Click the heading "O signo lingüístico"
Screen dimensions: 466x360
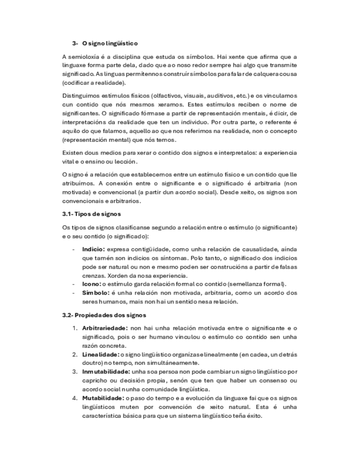(x=110, y=43)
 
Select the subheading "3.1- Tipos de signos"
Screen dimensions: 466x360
(x=91, y=214)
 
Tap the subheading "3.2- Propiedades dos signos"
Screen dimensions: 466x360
(x=104, y=315)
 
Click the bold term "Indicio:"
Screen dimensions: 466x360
(x=96, y=249)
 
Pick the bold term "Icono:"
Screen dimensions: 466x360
(x=92, y=284)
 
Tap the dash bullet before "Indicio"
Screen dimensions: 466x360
(x=74, y=249)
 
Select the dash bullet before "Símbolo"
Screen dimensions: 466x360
(x=74, y=293)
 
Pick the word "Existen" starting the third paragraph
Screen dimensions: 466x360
(x=73, y=152)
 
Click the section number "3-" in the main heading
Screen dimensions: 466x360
(x=75, y=43)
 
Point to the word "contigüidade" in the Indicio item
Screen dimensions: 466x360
(x=145, y=249)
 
